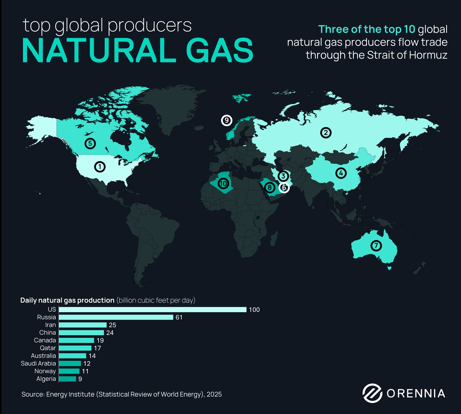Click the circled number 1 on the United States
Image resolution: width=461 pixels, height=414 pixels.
[100, 166]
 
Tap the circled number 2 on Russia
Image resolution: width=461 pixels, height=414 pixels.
[326, 132]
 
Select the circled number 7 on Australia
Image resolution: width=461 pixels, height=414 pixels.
[376, 246]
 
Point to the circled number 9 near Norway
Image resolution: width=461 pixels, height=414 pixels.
[227, 120]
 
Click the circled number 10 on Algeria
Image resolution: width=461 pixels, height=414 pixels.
[223, 183]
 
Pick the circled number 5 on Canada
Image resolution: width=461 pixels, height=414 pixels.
[90, 144]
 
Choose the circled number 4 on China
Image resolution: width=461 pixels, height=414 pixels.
[341, 173]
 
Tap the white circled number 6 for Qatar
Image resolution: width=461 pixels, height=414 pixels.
[284, 187]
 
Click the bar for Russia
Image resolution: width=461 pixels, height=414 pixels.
[116, 317]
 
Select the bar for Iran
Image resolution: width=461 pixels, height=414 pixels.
[83, 325]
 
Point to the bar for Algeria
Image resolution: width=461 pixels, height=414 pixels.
[67, 379]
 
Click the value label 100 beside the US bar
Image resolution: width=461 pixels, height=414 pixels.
[254, 310]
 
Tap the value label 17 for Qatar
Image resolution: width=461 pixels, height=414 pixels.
[97, 348]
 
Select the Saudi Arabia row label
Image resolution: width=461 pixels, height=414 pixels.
[38, 364]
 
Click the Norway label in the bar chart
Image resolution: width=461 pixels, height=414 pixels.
[45, 371]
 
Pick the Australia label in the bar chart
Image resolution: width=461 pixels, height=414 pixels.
[43, 356]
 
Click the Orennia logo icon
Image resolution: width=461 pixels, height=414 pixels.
[372, 393]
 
